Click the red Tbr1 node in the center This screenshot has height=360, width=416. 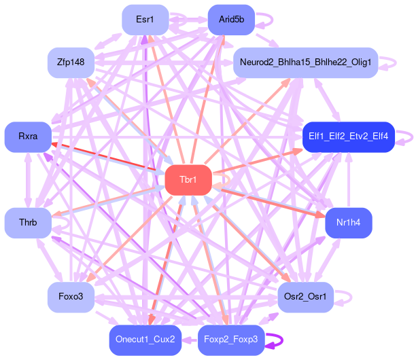pyautogui.click(x=188, y=180)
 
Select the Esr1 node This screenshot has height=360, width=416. pyautogui.click(x=145, y=20)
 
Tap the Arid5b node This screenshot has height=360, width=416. pyautogui.click(x=231, y=20)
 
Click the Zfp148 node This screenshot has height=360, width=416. pyautogui.click(x=71, y=62)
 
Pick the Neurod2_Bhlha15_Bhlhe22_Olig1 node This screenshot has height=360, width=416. pyautogui.click(x=305, y=62)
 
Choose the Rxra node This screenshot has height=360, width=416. pyautogui.click(x=28, y=137)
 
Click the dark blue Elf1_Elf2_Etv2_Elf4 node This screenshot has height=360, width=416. pyautogui.click(x=348, y=137)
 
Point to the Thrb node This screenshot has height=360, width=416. pyautogui.click(x=28, y=223)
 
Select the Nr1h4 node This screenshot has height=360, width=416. pyautogui.click(x=348, y=223)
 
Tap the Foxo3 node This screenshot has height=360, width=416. pyautogui.click(x=71, y=297)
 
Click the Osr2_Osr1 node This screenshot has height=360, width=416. pyautogui.click(x=305, y=297)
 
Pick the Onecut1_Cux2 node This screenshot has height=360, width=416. pyautogui.click(x=145, y=340)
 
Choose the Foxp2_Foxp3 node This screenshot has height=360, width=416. pyautogui.click(x=231, y=340)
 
